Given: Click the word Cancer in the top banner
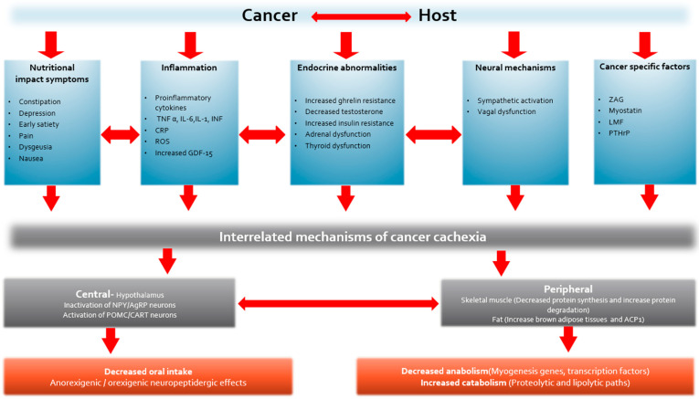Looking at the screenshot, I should [x=270, y=16].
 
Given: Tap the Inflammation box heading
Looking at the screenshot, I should [x=188, y=67].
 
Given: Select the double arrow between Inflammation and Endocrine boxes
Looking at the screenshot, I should [x=262, y=134].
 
